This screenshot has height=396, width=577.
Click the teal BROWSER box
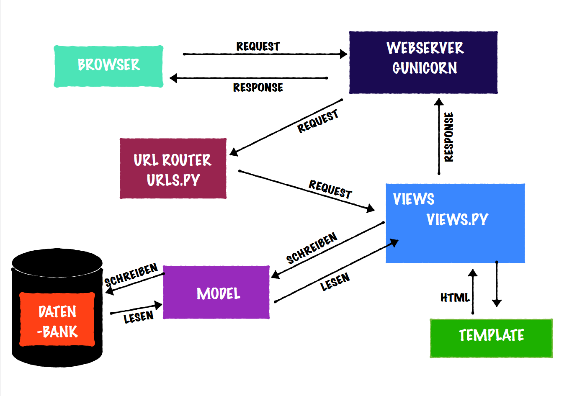point(108,66)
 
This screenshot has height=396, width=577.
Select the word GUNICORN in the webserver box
point(425,68)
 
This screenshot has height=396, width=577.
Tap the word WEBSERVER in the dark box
point(425,48)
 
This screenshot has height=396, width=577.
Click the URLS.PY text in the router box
point(173,180)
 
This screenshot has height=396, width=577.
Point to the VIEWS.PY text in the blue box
point(457,219)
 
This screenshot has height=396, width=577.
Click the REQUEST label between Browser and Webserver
point(258,46)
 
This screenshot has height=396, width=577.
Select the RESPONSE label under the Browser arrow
point(258,87)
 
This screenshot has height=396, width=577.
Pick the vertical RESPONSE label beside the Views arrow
point(449,137)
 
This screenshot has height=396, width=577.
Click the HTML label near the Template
point(455,298)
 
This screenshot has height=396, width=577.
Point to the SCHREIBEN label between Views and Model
point(312,248)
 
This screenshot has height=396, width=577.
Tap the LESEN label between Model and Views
point(335,282)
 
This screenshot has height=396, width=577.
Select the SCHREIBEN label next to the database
point(131,275)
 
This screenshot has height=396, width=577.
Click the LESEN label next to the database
point(139,318)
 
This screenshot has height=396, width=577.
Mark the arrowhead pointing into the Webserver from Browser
point(343,54)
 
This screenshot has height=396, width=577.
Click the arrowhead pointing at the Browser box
point(173,78)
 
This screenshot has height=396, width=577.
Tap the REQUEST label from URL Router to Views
point(330,189)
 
